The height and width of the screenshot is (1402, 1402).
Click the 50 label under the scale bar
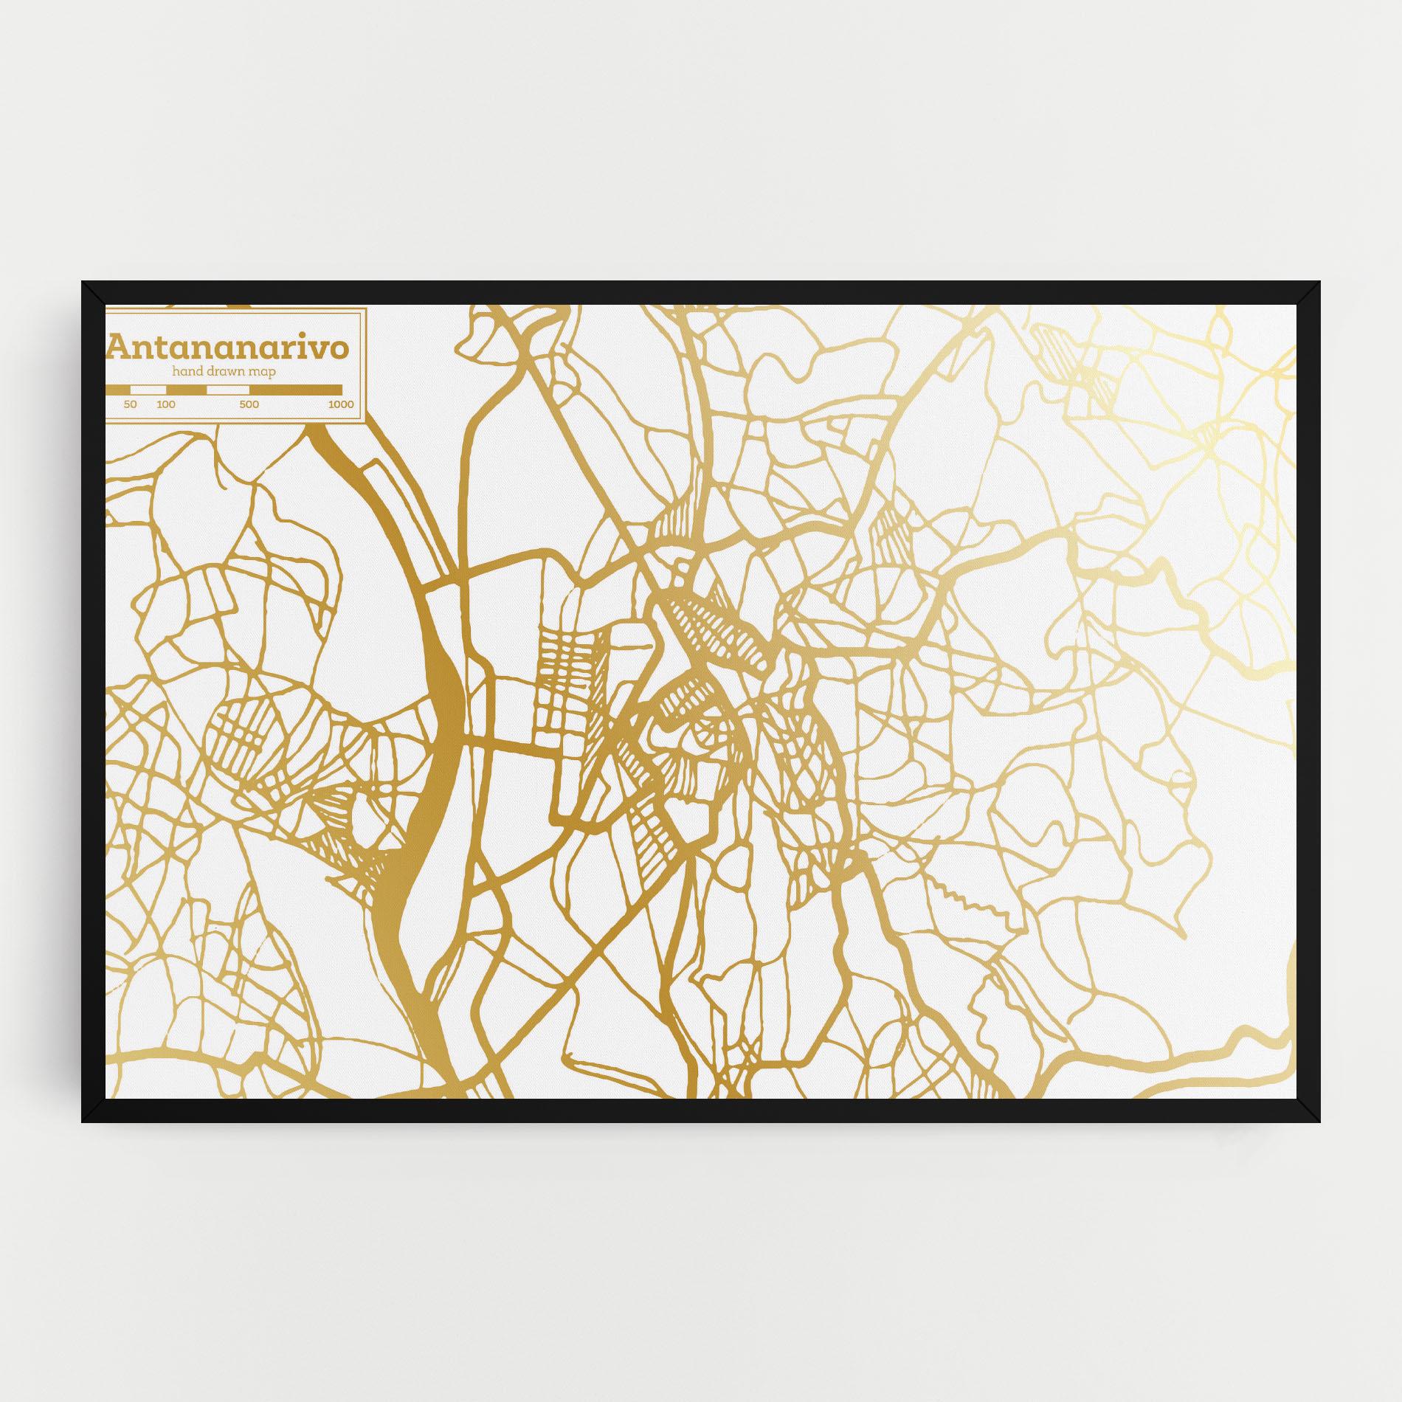coord(131,404)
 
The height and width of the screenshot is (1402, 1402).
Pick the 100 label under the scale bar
coord(166,404)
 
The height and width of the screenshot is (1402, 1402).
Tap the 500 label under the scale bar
coord(249,404)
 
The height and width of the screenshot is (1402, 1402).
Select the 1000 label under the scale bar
coord(341,404)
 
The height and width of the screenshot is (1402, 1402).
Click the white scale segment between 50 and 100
coord(148,390)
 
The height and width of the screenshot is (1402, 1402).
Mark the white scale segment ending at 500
coord(228,390)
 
